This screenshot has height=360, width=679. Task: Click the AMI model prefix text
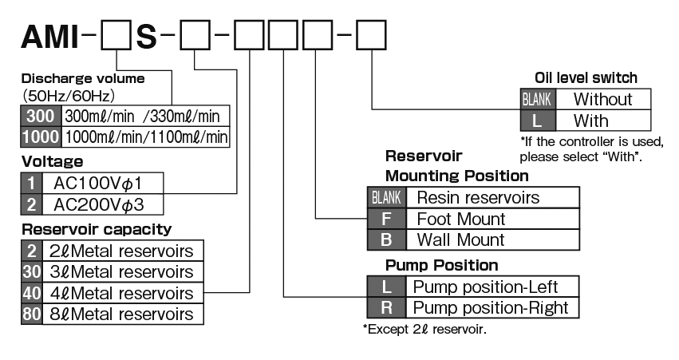click(50, 38)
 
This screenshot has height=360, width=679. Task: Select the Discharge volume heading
click(83, 79)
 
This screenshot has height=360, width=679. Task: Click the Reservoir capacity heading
click(96, 230)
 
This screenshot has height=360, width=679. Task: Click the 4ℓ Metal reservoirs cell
click(123, 293)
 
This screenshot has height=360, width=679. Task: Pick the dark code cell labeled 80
click(31, 314)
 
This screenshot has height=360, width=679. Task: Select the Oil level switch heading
click(586, 78)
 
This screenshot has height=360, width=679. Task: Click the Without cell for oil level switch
click(602, 100)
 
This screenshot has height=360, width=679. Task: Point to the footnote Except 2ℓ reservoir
click(424, 329)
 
